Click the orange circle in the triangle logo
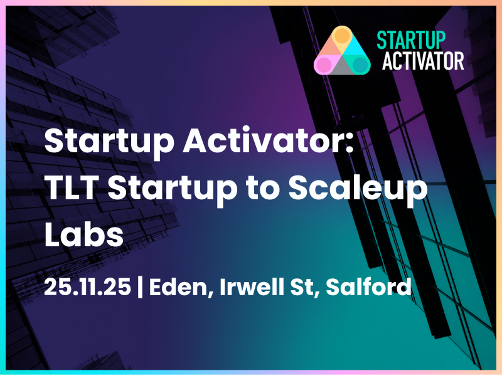pyautogui.click(x=340, y=36)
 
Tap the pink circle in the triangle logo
pyautogui.click(x=323, y=65)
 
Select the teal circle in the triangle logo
pyautogui.click(x=359, y=64)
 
